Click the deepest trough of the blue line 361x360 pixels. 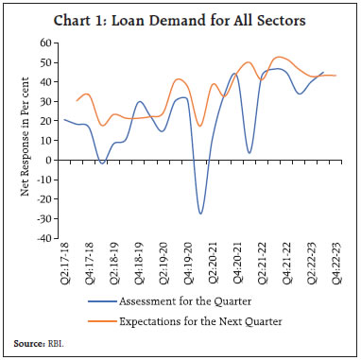[200, 214]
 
